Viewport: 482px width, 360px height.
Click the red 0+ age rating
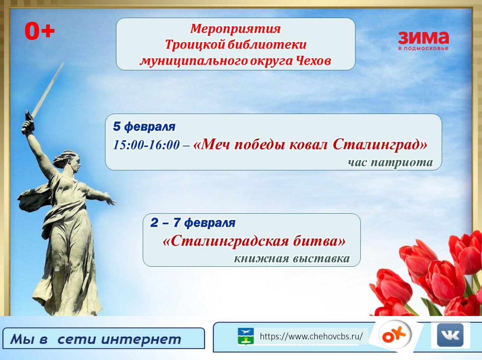tap(40, 31)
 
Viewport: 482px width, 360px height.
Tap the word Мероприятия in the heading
tap(235, 29)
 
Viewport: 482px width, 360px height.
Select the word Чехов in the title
tap(313, 61)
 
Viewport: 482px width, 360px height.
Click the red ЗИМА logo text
tap(423, 38)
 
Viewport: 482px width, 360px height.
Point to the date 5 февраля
tap(144, 127)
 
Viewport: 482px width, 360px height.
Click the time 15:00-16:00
tap(146, 145)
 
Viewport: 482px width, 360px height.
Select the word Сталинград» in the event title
tap(380, 144)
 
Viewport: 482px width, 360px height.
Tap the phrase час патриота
tap(390, 163)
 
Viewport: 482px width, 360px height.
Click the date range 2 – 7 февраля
tap(193, 223)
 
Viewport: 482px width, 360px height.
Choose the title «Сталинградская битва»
tap(254, 241)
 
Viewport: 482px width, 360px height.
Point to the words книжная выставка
tap(292, 258)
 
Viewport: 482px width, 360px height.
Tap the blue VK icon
tap(450, 335)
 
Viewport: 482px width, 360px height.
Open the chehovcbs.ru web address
tap(311, 336)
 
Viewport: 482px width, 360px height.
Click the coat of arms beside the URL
tap(246, 336)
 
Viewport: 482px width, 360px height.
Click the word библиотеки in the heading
tap(267, 44)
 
